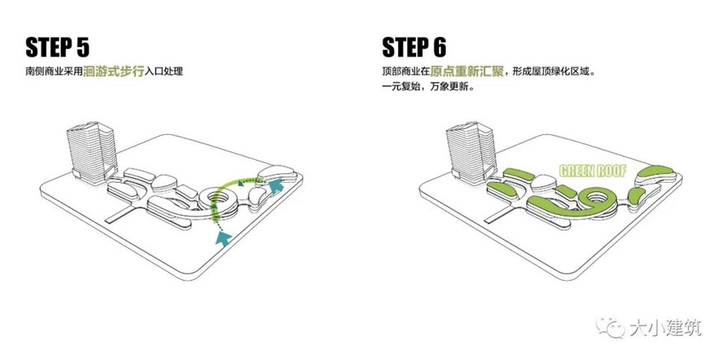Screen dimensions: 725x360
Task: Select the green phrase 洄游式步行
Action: pyautogui.click(x=114, y=72)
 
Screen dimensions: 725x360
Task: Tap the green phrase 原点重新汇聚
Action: pyautogui.click(x=466, y=72)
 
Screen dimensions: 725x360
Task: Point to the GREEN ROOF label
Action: pyautogui.click(x=592, y=171)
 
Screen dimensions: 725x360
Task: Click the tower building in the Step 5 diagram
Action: pyautogui.click(x=92, y=152)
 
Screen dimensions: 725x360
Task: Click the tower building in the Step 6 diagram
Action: pyautogui.click(x=471, y=152)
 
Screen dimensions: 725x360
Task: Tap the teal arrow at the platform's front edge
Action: pyautogui.click(x=224, y=238)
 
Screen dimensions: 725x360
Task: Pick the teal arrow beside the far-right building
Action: pyautogui.click(x=275, y=185)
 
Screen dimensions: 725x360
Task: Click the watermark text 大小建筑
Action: pyautogui.click(x=666, y=328)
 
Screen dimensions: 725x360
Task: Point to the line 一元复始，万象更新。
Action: pyautogui.click(x=428, y=86)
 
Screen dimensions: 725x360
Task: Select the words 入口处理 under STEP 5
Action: pyautogui.click(x=164, y=72)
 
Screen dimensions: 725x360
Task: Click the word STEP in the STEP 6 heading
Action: pyautogui.click(x=402, y=47)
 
